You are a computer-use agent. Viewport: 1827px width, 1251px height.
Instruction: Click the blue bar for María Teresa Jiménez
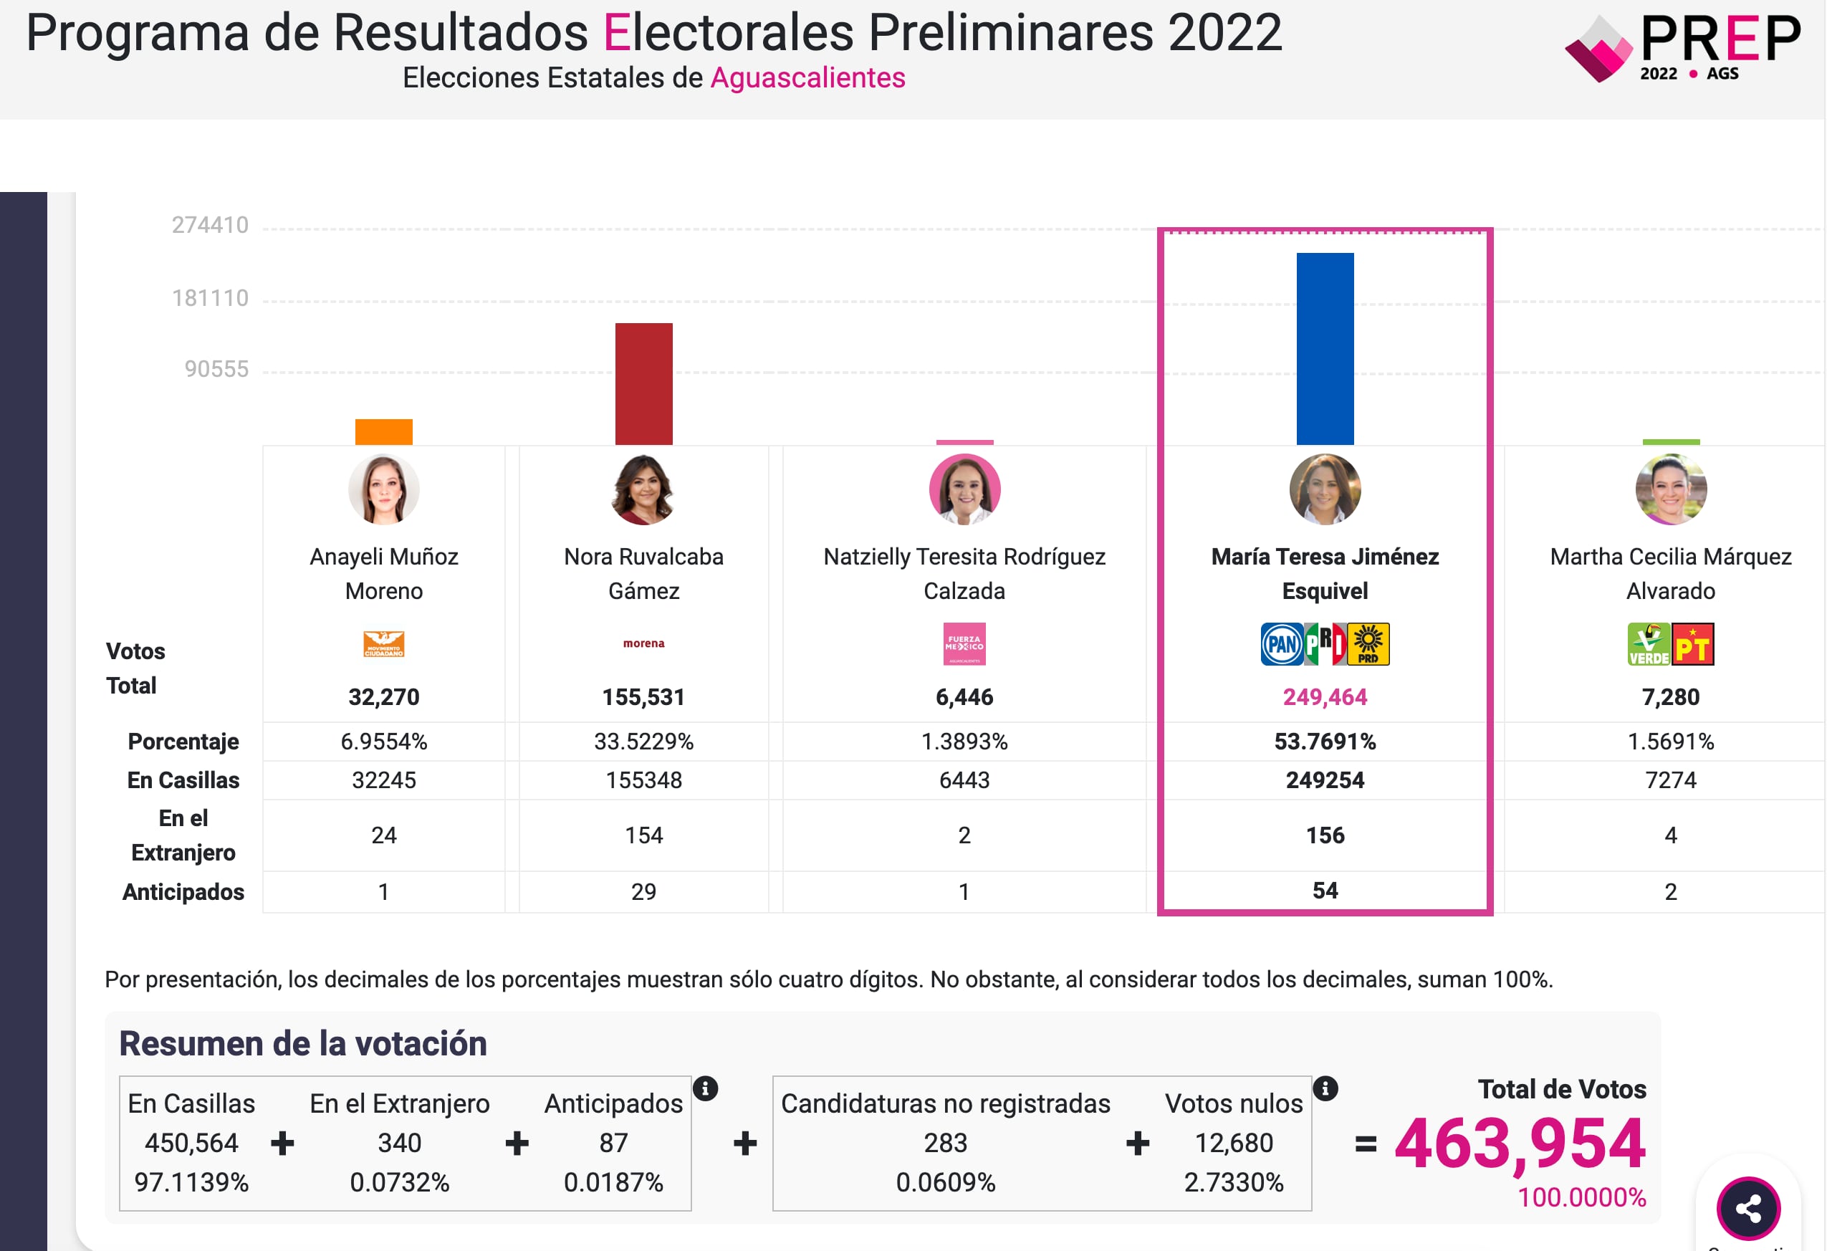1325,348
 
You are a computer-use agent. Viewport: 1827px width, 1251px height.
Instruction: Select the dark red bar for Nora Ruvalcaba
643,384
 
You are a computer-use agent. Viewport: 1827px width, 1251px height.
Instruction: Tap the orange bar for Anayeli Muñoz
383,431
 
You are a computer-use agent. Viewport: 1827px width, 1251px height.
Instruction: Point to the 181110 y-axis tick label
210,298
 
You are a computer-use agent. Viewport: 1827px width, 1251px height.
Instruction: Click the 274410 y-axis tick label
210,225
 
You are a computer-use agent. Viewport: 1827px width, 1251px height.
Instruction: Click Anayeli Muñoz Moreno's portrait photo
383,489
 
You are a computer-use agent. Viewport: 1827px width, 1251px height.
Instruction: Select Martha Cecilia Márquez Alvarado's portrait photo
1671,489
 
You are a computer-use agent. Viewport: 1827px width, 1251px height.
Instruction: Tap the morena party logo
643,643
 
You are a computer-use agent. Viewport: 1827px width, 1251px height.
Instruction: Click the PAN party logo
1282,644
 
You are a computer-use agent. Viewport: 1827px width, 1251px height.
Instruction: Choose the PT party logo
1692,644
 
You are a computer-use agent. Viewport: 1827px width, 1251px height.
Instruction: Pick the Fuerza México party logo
964,644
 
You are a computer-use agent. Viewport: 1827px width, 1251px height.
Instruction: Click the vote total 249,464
1325,696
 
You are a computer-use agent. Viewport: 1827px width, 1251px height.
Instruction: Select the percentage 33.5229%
643,742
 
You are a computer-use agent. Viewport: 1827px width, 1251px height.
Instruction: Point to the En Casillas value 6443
964,780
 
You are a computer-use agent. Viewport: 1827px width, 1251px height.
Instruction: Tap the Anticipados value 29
643,891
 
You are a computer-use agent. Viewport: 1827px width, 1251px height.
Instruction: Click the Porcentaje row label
183,742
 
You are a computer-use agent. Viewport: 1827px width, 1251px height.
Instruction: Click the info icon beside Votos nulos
1325,1088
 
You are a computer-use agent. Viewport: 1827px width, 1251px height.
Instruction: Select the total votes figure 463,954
1520,1144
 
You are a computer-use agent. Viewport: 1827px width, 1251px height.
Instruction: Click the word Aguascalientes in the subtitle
807,78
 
